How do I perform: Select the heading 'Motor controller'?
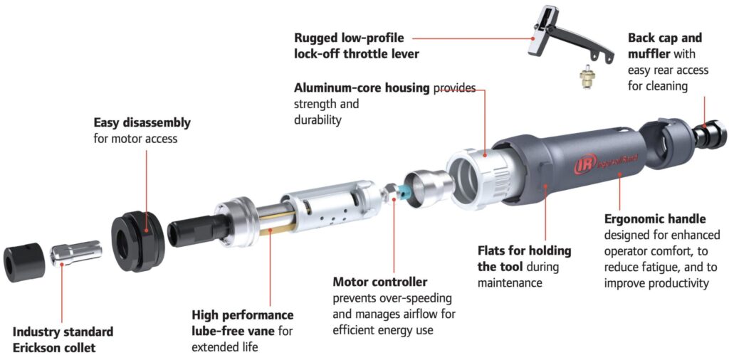coord(380,282)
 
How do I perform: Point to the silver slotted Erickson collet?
coord(75,255)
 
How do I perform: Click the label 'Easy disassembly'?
coord(142,123)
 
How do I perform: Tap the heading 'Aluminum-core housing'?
coord(362,88)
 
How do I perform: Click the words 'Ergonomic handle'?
coord(655,219)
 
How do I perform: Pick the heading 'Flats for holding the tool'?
coord(525,259)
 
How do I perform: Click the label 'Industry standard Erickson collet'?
coord(63,340)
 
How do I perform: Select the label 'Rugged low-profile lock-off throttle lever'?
coord(357,46)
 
